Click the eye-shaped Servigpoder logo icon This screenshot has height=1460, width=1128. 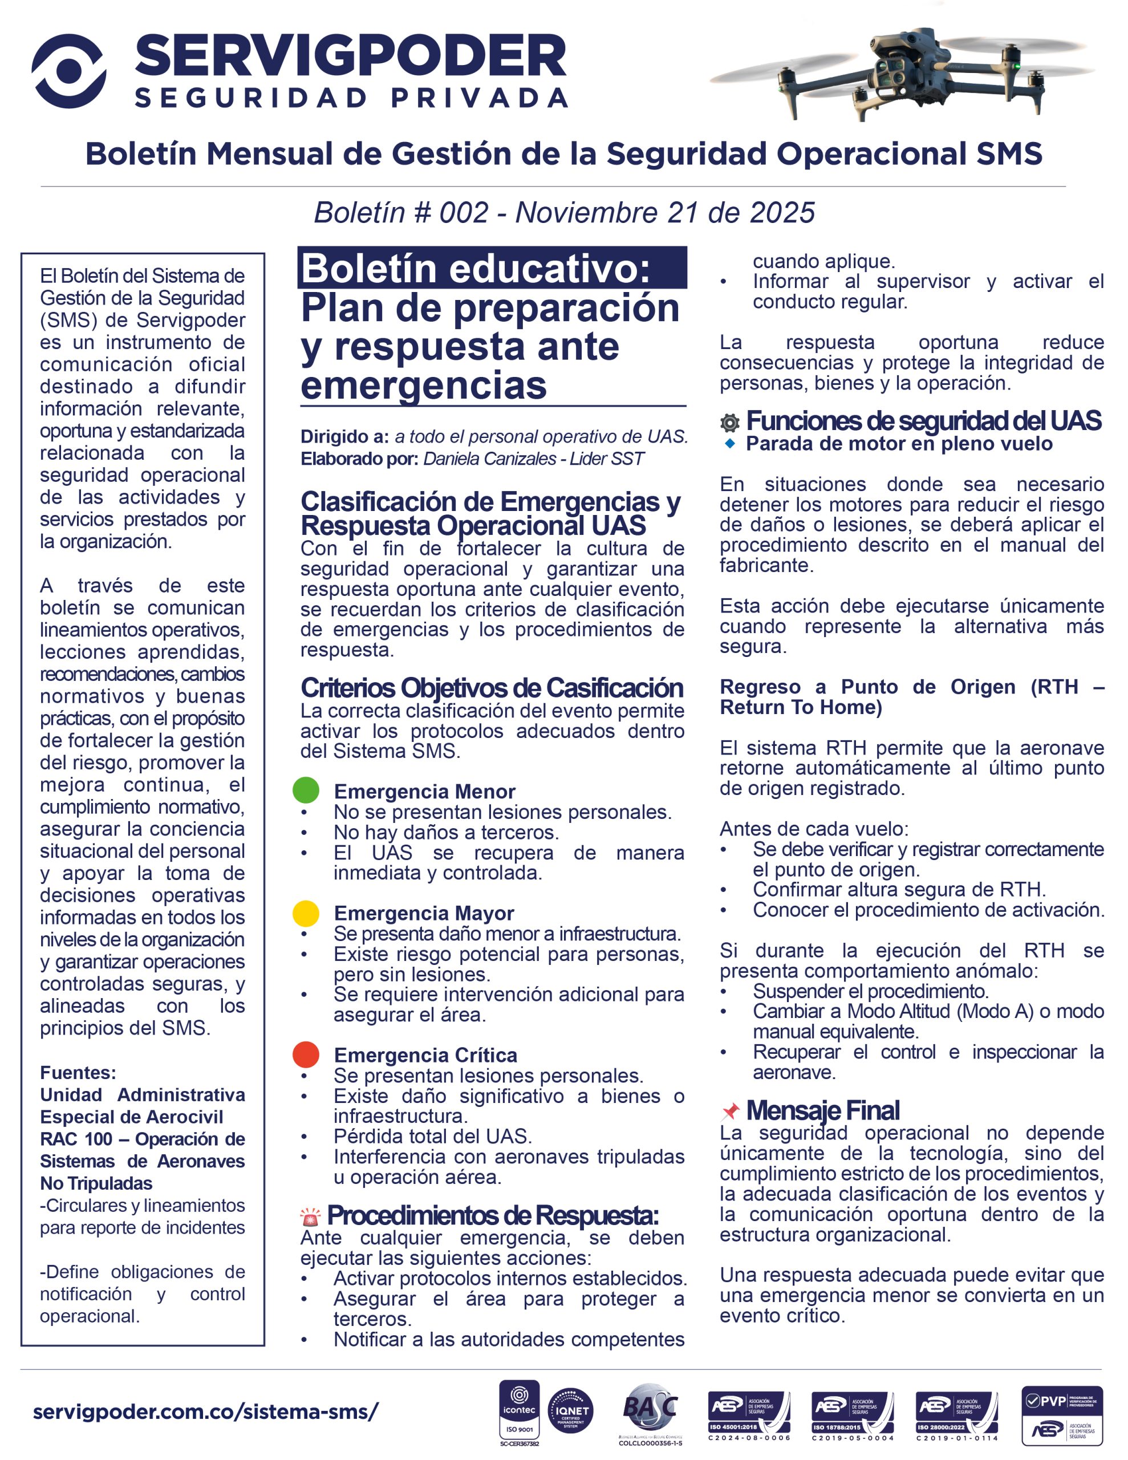pyautogui.click(x=69, y=71)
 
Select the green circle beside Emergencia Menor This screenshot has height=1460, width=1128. pyautogui.click(x=306, y=790)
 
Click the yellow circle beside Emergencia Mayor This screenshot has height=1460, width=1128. pyautogui.click(x=306, y=913)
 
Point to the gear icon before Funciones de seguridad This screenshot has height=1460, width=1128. pyautogui.click(x=729, y=423)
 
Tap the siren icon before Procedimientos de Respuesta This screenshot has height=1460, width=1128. pyautogui.click(x=310, y=1216)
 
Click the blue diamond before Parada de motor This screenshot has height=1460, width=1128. pyautogui.click(x=730, y=443)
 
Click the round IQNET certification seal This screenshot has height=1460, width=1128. pyautogui.click(x=570, y=1410)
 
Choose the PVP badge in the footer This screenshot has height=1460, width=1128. pyautogui.click(x=1062, y=1414)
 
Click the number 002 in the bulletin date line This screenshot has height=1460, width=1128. pyautogui.click(x=464, y=213)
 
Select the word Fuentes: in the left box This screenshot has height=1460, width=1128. pyautogui.click(x=78, y=1073)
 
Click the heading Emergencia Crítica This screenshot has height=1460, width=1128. pyautogui.click(x=425, y=1055)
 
